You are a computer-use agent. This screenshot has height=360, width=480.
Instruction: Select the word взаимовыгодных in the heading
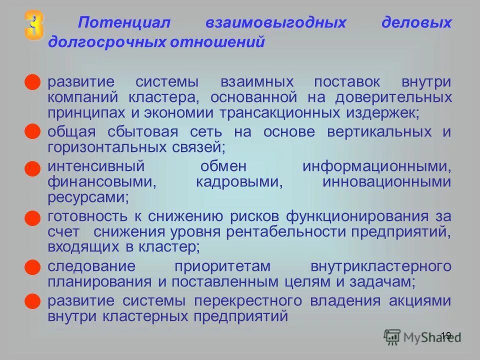275,23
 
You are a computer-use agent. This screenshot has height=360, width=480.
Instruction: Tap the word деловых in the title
416,23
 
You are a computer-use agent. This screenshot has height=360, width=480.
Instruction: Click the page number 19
446,335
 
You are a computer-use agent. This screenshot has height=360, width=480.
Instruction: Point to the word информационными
376,166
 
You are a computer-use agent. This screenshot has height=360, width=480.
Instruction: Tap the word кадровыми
239,181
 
